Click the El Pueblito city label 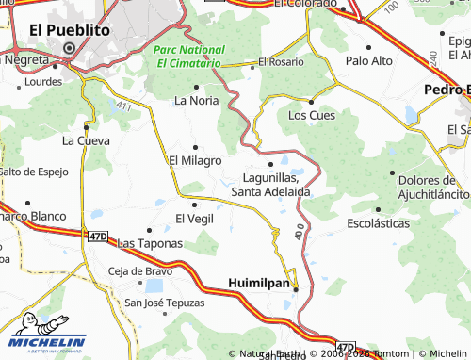coord(70,30)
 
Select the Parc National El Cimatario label coord(191,56)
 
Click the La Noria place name coord(196,100)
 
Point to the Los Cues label coord(311,116)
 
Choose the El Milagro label coord(195,161)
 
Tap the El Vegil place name coord(195,218)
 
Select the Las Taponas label coord(150,242)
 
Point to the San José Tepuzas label coord(165,303)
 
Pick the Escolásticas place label coord(379,224)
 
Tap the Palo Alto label coord(369,60)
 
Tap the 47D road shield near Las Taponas coord(99,237)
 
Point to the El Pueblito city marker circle coord(69,48)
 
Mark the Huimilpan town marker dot coord(295,287)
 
